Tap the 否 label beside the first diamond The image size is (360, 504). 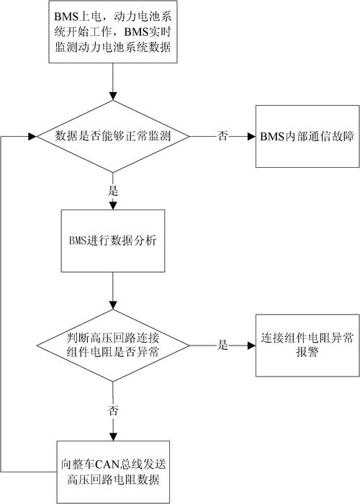[x=223, y=136]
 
